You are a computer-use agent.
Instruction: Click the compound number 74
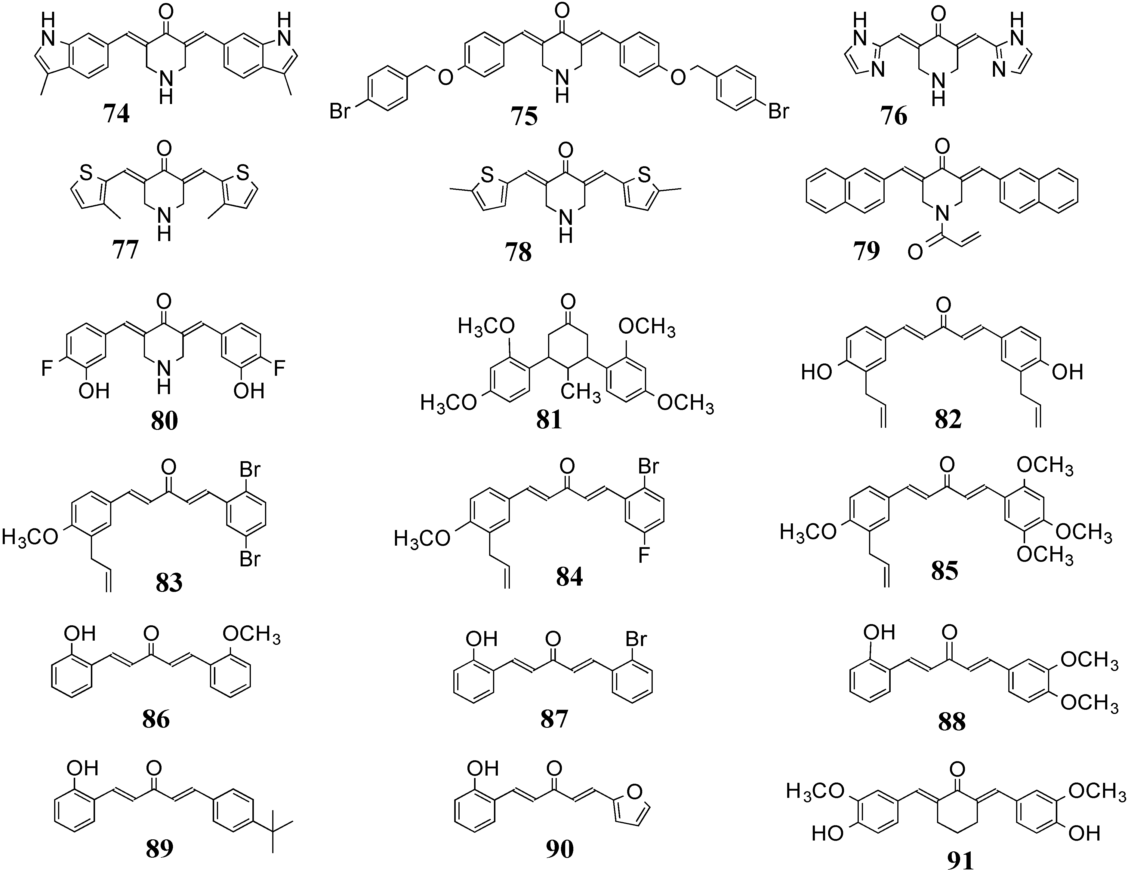(117, 114)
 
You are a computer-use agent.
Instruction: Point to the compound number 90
(560, 849)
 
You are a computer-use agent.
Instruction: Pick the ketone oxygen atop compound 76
(939, 12)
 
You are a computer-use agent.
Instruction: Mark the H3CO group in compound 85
(807, 531)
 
